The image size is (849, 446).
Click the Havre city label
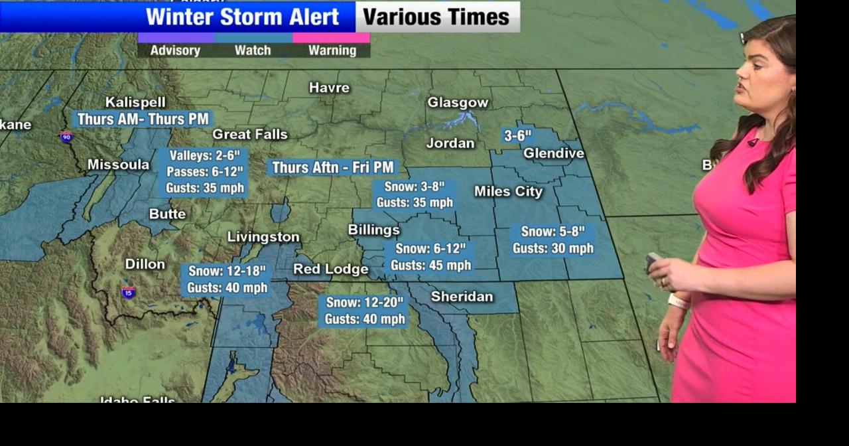329,88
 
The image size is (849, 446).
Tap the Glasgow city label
458,103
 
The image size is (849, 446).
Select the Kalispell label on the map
135,103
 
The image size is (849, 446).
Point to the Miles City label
508,192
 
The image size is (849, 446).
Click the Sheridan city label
462,297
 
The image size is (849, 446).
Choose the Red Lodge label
330,269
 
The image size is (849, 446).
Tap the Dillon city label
145,264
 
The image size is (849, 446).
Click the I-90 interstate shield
66,137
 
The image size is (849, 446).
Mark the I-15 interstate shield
129,292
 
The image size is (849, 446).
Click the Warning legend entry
332,50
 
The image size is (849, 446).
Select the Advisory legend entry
175,50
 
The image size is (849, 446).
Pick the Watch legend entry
253,50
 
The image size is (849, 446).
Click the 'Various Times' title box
436,17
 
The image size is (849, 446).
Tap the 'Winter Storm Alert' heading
243,17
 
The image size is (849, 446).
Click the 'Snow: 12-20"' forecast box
364,311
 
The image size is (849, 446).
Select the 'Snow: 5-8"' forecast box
553,240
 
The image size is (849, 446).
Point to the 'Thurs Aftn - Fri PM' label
333,168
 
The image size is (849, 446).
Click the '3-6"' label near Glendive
517,136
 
